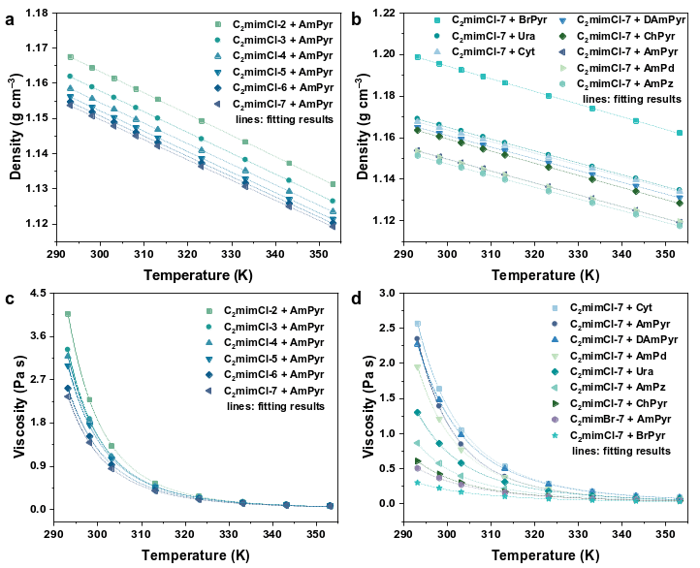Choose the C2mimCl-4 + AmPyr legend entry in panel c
[271, 343]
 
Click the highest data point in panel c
[68, 314]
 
